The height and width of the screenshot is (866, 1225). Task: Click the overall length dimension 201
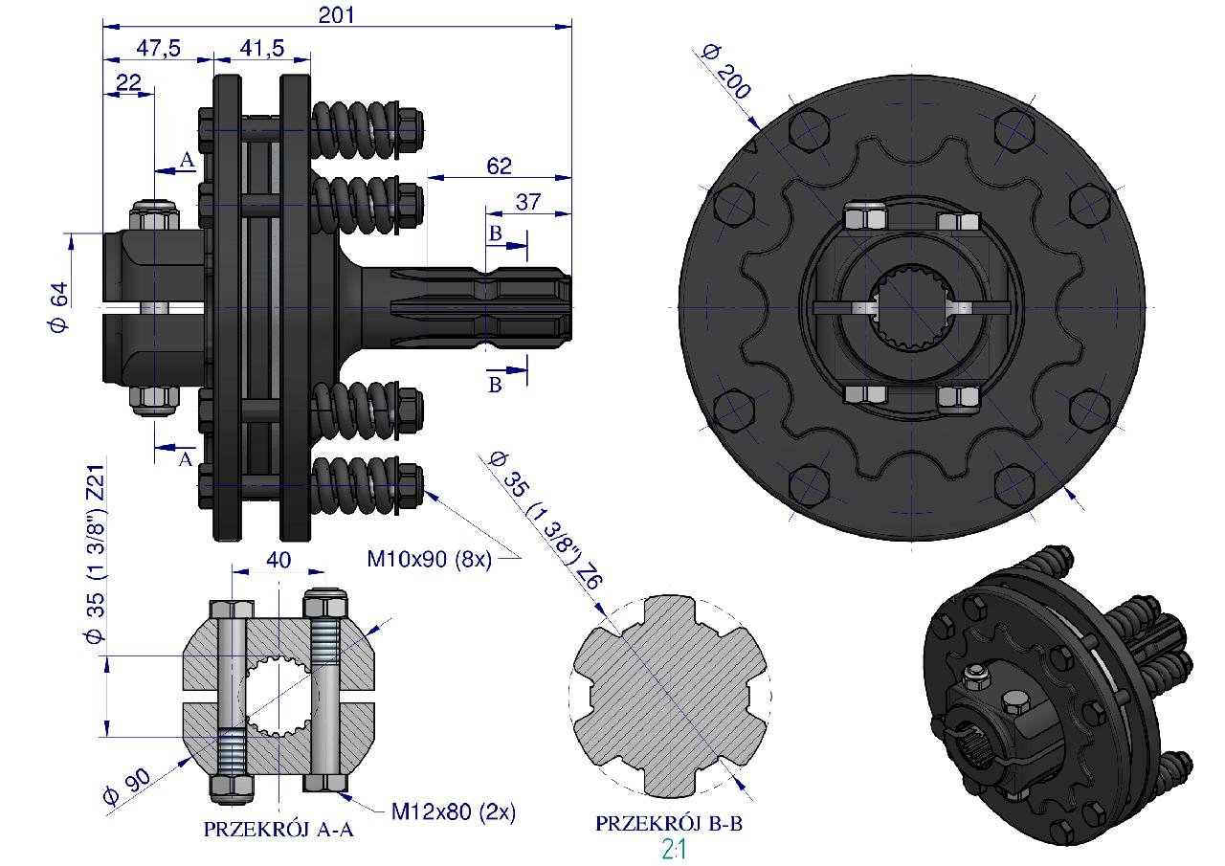coord(336,14)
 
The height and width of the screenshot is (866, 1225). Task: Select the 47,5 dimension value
coord(158,48)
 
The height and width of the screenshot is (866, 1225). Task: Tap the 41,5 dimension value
coord(262,48)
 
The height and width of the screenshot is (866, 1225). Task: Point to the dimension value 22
coord(128,83)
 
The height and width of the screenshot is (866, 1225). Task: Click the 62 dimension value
coord(499,167)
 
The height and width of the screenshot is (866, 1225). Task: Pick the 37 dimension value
coord(527,202)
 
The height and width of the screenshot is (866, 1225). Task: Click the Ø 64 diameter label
coord(59,307)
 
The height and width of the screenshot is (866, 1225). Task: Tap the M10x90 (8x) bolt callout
coord(430,559)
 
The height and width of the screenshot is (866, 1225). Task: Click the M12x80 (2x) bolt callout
coord(454,811)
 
